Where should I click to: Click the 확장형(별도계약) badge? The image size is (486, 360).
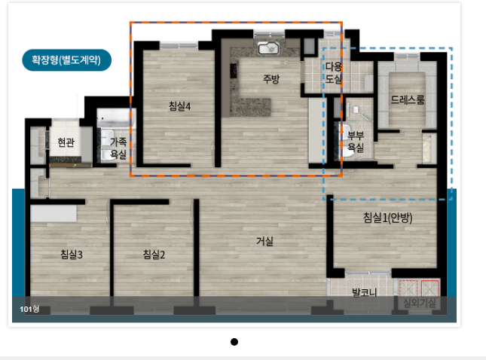click(x=66, y=59)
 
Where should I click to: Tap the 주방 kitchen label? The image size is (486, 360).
click(x=271, y=79)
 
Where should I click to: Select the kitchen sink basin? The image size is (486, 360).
click(x=269, y=48)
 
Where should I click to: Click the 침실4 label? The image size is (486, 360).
click(x=179, y=106)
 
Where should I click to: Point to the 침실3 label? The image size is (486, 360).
click(x=72, y=255)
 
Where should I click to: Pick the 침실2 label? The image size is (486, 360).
click(x=154, y=255)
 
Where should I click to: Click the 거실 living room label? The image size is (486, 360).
click(x=264, y=241)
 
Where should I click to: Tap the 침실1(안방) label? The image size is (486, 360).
click(x=388, y=218)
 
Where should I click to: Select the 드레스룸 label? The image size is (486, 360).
click(x=408, y=99)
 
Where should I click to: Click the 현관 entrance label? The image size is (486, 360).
click(x=66, y=142)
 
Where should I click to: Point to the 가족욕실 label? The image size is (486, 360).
click(x=118, y=148)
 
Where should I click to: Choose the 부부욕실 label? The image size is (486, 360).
click(x=356, y=142)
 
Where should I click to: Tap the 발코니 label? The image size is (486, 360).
click(x=365, y=292)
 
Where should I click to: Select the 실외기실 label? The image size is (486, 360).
click(x=420, y=303)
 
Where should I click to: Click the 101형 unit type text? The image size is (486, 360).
click(x=29, y=309)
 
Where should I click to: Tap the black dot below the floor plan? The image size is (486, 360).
click(x=234, y=342)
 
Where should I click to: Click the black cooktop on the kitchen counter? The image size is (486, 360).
click(x=234, y=71)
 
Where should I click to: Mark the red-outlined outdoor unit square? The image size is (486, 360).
click(x=429, y=288)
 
